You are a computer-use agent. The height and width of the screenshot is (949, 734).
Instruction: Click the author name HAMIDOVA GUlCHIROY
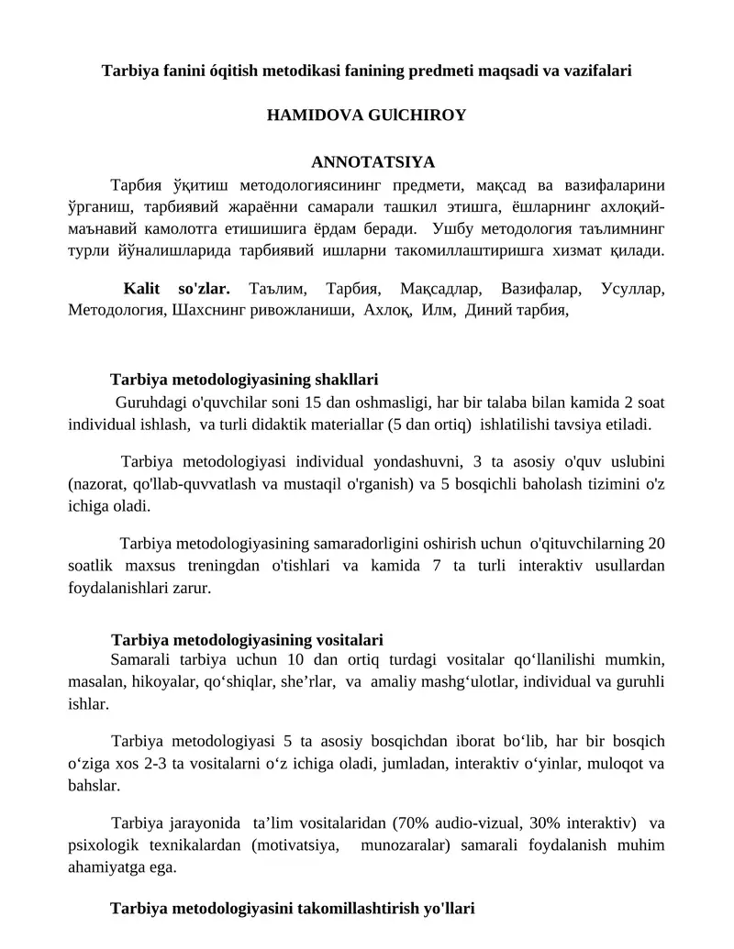tap(366, 116)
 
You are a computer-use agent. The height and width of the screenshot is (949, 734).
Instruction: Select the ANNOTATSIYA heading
tap(373, 163)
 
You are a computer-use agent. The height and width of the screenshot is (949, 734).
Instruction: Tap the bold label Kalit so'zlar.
tap(176, 289)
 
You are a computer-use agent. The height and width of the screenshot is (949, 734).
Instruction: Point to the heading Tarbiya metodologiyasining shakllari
tap(244, 380)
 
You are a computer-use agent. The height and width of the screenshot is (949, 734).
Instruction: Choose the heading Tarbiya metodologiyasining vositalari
tap(247, 639)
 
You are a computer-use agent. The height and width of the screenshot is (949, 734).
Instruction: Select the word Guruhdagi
tap(148, 403)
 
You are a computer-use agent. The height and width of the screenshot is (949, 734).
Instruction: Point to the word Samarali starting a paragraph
tap(140, 659)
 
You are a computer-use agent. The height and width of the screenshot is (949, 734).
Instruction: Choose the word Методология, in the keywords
tap(117, 311)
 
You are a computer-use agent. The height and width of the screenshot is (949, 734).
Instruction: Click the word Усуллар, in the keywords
tap(633, 289)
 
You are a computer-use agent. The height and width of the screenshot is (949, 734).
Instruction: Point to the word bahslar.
tap(94, 786)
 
